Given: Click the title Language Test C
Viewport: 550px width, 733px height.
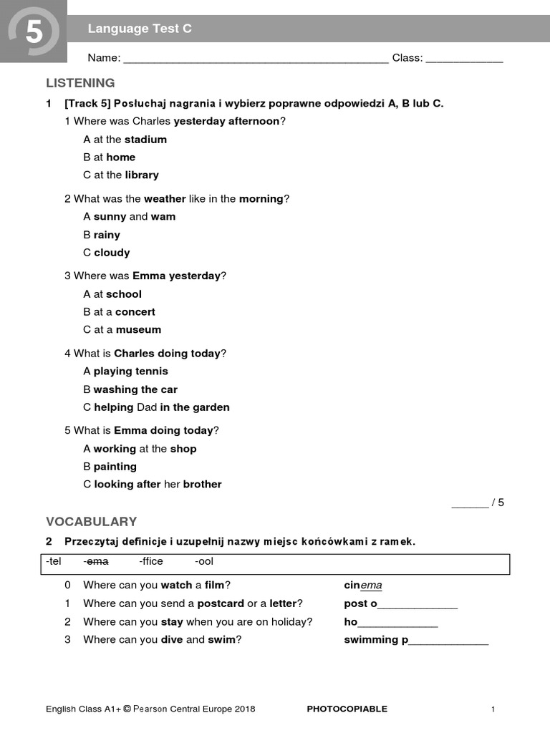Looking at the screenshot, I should (140, 29).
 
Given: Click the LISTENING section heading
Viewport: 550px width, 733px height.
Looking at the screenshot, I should (80, 83).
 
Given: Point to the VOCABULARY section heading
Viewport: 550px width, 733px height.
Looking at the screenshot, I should (91, 521).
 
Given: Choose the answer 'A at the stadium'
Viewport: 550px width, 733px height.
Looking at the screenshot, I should (125, 140).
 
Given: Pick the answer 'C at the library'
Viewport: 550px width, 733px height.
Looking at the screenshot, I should (120, 175).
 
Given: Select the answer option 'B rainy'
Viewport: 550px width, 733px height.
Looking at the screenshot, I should (102, 235).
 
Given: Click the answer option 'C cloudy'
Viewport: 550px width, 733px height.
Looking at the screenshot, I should (106, 253).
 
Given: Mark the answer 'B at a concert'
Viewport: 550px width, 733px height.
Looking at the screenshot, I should (119, 312).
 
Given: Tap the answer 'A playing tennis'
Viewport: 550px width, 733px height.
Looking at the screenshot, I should (125, 372).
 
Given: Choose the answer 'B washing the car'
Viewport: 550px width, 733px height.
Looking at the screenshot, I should (130, 389).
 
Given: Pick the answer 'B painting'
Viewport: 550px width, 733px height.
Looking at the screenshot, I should (110, 467).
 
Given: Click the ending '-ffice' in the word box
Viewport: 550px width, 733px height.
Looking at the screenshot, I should (151, 563).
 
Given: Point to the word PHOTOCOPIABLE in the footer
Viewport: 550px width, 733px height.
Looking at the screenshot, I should (347, 709).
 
